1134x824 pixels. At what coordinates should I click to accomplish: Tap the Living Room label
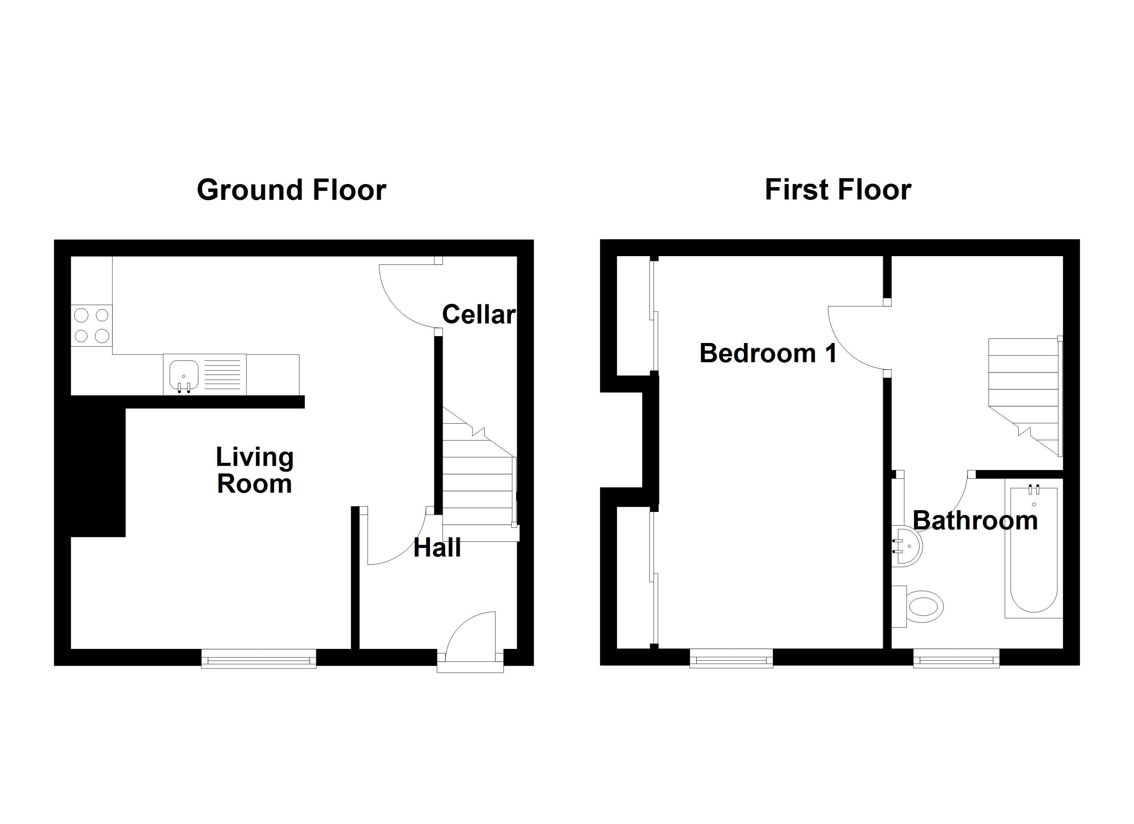point(255,470)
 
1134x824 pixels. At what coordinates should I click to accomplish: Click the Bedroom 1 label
point(768,353)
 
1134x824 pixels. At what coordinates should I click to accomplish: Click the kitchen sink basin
point(184,375)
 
